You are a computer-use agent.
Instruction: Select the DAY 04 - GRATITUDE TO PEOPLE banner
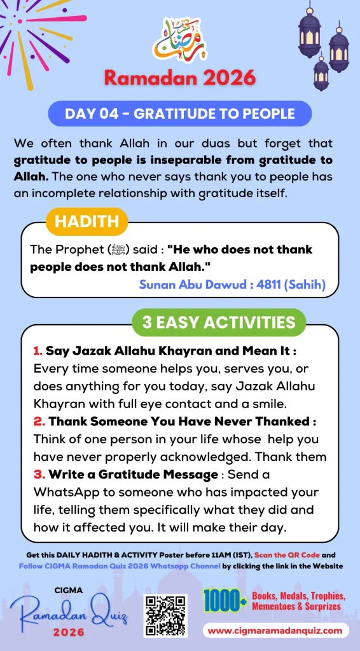tap(180, 114)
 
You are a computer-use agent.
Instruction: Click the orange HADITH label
tap(87, 221)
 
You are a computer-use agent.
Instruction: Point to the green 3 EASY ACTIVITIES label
tap(219, 322)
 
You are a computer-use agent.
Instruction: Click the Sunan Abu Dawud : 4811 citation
tap(232, 284)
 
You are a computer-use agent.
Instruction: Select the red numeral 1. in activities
tap(37, 351)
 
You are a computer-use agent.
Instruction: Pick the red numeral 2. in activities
tap(38, 421)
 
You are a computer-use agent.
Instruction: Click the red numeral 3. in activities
tap(38, 474)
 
